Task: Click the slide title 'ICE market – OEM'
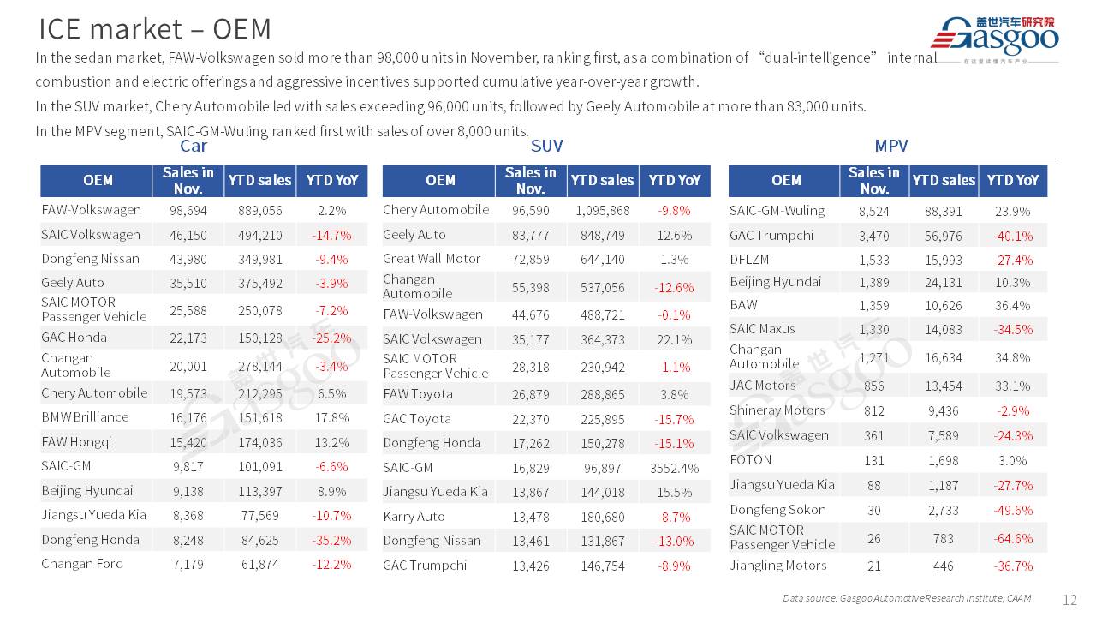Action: (x=155, y=29)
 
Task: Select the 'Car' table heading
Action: (x=194, y=146)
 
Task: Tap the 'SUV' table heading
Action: (x=546, y=146)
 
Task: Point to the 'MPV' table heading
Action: (x=891, y=146)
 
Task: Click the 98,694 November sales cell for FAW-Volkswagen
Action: (x=188, y=210)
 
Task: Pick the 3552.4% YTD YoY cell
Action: (x=675, y=468)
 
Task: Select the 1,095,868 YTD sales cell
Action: (x=603, y=210)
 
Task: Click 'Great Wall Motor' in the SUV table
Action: (x=432, y=259)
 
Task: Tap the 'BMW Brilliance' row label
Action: (x=85, y=417)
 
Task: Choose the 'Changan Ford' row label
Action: (x=82, y=564)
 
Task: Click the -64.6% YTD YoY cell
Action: (x=1013, y=538)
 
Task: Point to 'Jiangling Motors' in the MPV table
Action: (x=777, y=566)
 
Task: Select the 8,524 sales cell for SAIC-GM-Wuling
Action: (x=873, y=211)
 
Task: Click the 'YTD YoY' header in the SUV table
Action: (x=675, y=180)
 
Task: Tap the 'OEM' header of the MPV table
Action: (x=786, y=180)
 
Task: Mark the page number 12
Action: (x=1069, y=600)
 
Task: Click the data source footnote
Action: (x=907, y=598)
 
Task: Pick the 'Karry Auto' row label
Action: (x=414, y=517)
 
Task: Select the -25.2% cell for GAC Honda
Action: (x=331, y=338)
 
